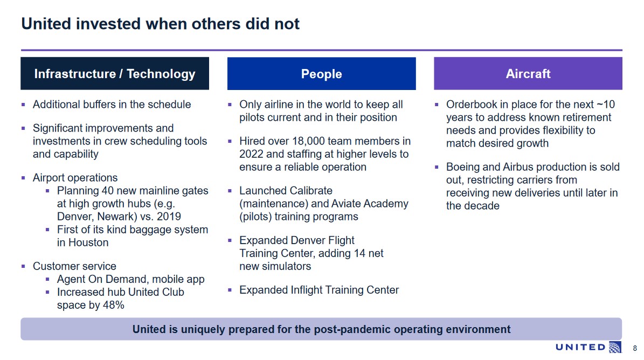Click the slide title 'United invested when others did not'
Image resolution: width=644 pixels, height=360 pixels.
160,24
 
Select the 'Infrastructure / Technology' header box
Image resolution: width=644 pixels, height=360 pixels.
115,74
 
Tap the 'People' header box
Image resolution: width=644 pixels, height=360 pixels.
321,74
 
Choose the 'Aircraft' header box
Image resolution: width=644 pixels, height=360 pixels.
528,74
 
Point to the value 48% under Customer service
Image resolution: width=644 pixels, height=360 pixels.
113,305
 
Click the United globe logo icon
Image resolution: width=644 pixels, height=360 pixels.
614,348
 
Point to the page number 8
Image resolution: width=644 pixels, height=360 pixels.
634,348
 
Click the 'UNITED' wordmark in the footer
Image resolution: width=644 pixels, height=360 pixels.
580,348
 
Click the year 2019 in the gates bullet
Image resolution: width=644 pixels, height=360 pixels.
168,217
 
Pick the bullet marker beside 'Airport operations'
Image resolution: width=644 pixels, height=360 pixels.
23,178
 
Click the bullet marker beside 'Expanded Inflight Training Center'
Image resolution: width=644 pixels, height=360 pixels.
230,290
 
